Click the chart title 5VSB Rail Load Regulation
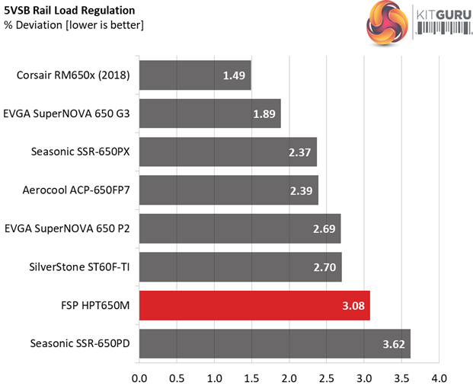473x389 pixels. pos(69,11)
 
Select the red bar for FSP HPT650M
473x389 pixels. pos(254,305)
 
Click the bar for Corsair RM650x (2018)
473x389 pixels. pos(195,75)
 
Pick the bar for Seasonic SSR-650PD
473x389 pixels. pos(275,343)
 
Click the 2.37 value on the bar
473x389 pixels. pos(299,152)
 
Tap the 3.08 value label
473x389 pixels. pos(352,305)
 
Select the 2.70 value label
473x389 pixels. pos(324,267)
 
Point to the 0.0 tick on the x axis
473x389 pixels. pos(140,378)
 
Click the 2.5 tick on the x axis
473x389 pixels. pos(326,378)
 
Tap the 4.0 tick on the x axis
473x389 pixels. pos(438,378)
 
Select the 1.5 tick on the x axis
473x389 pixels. pos(251,378)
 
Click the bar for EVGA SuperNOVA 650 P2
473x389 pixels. pos(240,229)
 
